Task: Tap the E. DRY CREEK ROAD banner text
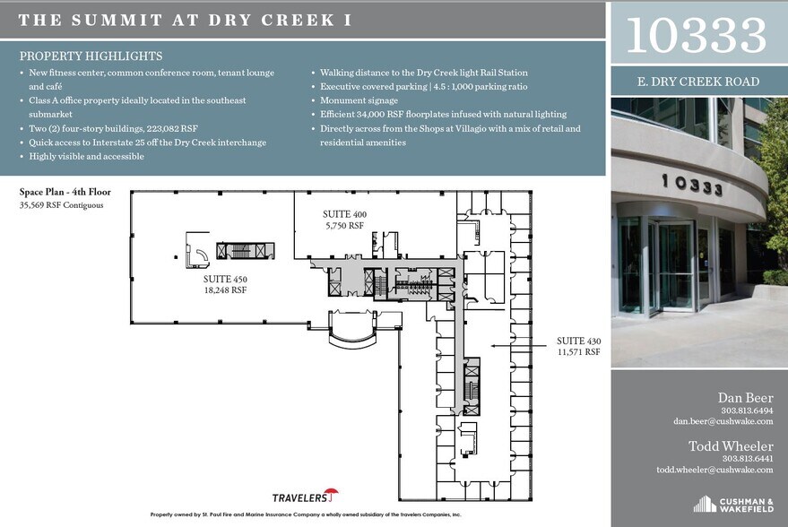(x=697, y=82)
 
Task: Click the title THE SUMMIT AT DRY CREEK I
(x=185, y=19)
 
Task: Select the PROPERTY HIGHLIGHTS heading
(x=91, y=56)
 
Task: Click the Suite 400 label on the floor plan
(x=344, y=220)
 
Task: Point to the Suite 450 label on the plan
(x=225, y=284)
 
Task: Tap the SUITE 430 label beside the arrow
(x=578, y=347)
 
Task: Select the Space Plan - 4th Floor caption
(x=65, y=191)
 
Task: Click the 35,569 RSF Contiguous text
(x=61, y=205)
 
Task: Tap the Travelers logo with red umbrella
(x=305, y=496)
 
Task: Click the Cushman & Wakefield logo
(x=732, y=504)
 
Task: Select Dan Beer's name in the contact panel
(x=745, y=398)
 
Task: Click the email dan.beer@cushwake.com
(x=723, y=421)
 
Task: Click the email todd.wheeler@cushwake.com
(x=714, y=470)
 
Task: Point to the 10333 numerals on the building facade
(x=692, y=186)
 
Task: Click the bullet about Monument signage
(x=359, y=100)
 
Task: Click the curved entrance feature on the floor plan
(x=355, y=328)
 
